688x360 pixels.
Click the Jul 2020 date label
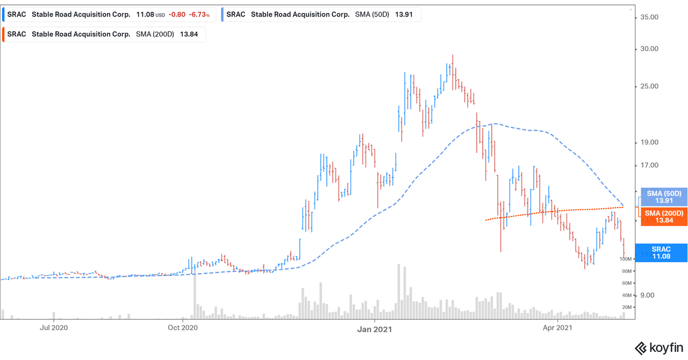[x=54, y=327]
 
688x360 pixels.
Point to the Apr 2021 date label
[x=557, y=327]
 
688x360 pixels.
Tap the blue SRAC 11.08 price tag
[x=661, y=253]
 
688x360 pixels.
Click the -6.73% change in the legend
[x=199, y=15]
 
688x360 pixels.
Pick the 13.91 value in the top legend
[x=404, y=15]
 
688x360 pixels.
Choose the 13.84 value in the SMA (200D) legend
[x=185, y=34]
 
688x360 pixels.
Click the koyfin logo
[x=659, y=348]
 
